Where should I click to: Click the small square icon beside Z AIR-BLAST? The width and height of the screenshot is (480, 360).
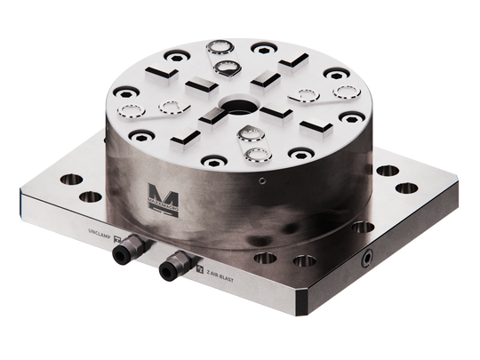(x=200, y=277)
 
